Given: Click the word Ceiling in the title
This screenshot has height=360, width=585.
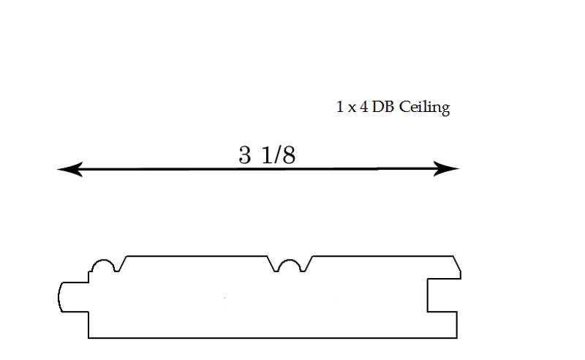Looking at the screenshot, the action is (x=424, y=108).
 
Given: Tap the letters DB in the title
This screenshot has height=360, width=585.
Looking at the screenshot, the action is (x=382, y=107).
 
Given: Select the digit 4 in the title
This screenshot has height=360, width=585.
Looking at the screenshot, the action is (x=363, y=107).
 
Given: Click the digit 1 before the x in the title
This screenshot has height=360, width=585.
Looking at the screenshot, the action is (x=339, y=107).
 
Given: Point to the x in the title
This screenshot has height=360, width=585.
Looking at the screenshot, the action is (x=352, y=109).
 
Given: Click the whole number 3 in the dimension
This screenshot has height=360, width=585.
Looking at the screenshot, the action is (x=245, y=154).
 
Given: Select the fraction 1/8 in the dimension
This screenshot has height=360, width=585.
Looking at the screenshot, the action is (x=279, y=154).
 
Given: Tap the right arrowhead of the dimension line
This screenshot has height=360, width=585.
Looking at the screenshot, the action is (x=446, y=168).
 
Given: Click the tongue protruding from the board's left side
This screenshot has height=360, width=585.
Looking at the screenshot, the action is (x=74, y=297).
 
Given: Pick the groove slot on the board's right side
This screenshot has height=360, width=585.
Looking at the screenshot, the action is (x=442, y=295).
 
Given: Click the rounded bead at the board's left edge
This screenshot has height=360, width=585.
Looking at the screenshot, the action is (x=103, y=266).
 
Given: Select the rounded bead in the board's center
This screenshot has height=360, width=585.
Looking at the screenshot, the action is (x=290, y=266).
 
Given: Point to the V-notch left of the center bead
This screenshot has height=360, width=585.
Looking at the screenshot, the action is (x=273, y=263).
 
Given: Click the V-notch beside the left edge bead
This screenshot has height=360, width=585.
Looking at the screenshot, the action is (x=121, y=263).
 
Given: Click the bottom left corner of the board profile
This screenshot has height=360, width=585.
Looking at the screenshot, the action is (x=88, y=338).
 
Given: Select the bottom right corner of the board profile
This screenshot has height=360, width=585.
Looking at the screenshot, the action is (x=457, y=338).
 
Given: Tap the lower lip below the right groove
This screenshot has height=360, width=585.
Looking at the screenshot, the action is (x=442, y=325).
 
